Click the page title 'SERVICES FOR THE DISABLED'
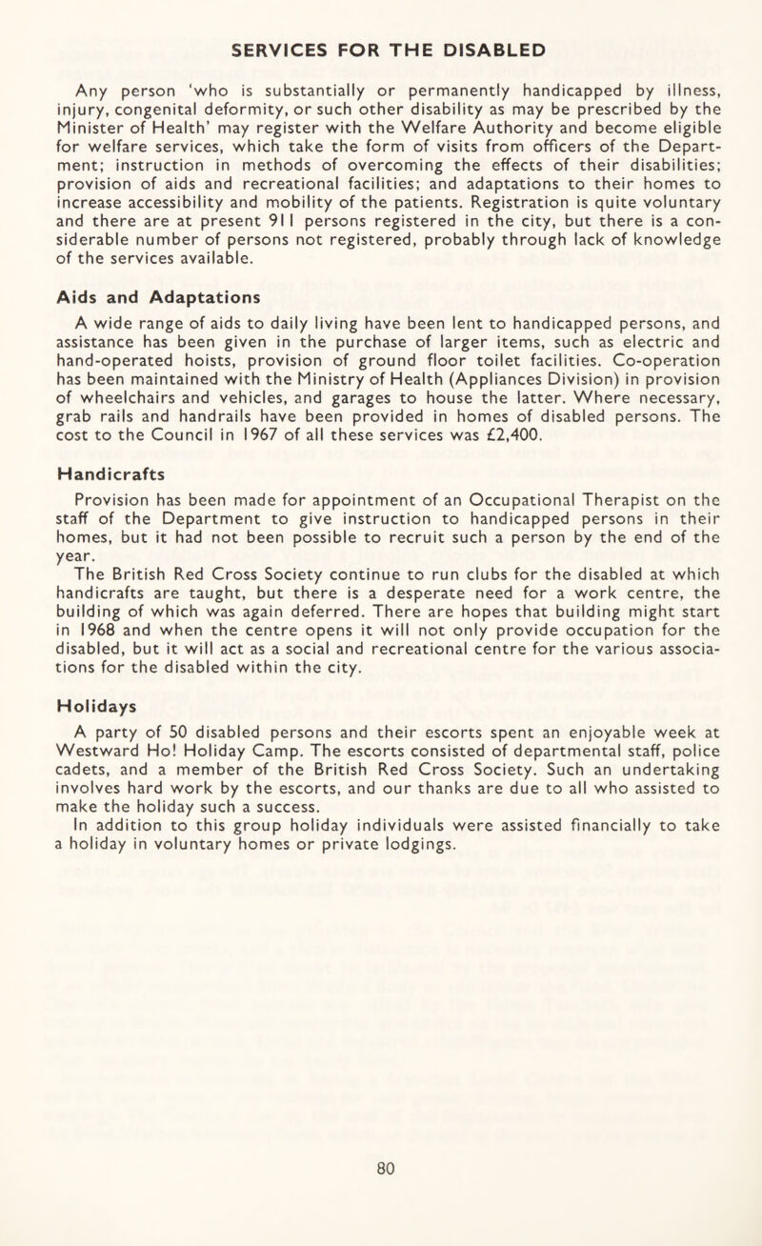pyautogui.click(x=380, y=48)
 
